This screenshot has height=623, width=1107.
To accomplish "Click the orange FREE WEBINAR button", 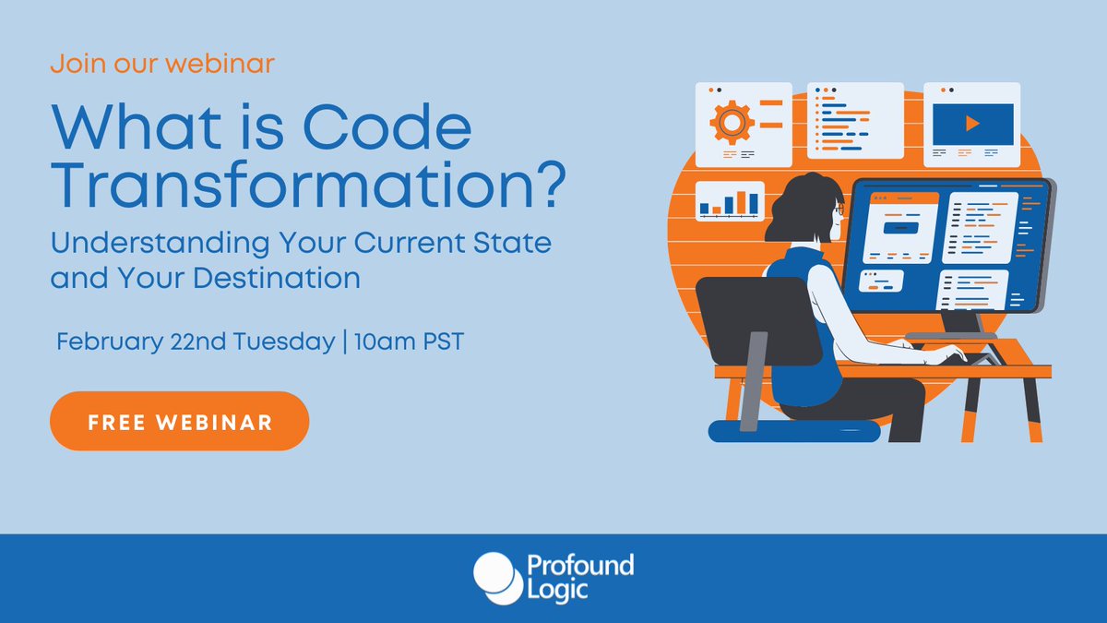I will [x=179, y=422].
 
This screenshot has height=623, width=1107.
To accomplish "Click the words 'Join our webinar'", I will [x=162, y=65].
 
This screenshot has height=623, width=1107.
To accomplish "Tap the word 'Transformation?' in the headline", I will [x=307, y=186].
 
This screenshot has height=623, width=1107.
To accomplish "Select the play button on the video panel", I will [x=972, y=123].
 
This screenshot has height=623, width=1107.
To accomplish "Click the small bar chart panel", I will [x=730, y=201].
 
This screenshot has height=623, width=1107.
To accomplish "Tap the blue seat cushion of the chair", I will [x=793, y=430].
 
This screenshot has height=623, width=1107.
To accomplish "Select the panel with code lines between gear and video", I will [x=855, y=121].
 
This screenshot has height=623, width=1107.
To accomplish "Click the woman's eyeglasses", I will [x=838, y=211].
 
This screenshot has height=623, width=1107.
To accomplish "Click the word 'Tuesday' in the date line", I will [x=289, y=341].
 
